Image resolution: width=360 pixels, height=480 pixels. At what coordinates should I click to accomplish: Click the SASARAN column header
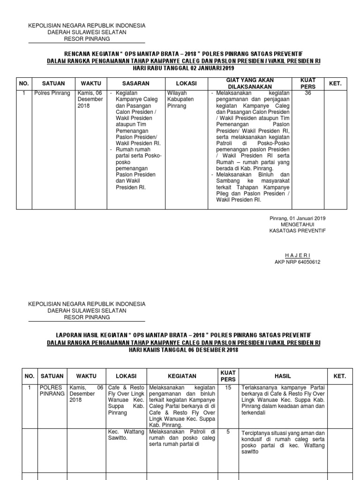point(137,83)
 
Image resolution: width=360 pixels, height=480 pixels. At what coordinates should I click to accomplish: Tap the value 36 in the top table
point(307,93)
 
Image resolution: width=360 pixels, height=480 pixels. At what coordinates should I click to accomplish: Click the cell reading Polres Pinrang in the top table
point(52,93)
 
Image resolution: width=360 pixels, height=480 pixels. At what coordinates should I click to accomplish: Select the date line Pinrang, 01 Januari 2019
point(297,218)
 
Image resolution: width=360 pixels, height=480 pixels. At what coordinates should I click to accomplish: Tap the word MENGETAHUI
point(297,225)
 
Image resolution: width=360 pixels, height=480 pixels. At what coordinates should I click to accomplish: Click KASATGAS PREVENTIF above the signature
point(297,231)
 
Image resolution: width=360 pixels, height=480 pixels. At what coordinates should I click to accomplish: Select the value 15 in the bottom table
point(228,388)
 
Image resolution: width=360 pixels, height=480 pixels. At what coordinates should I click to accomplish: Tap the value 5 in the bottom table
point(228,432)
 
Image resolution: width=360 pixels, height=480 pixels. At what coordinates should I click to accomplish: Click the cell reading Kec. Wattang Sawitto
point(126,435)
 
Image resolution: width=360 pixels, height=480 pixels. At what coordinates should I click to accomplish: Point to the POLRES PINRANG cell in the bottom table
point(52,391)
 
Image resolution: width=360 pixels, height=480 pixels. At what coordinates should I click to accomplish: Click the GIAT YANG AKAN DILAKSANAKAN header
point(250,83)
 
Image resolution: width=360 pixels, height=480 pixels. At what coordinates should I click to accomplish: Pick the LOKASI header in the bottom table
point(126,376)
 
